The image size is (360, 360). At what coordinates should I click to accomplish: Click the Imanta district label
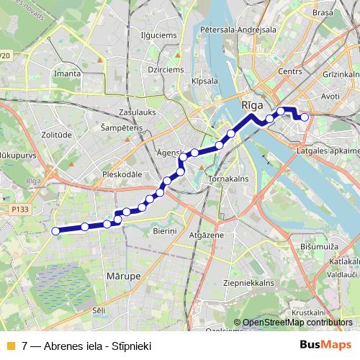pos(67,73)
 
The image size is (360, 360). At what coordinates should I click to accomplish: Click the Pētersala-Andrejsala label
pos(240,30)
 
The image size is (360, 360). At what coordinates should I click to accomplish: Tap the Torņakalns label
pos(228,177)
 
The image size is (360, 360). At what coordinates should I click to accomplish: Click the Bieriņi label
pos(164,230)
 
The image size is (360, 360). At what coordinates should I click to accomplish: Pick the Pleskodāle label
pos(125,174)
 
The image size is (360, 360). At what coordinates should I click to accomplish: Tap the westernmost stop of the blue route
pos(56,231)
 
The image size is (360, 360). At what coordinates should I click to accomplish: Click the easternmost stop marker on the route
pos(305,117)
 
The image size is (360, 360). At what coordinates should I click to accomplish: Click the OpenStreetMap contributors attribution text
pos(297,323)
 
